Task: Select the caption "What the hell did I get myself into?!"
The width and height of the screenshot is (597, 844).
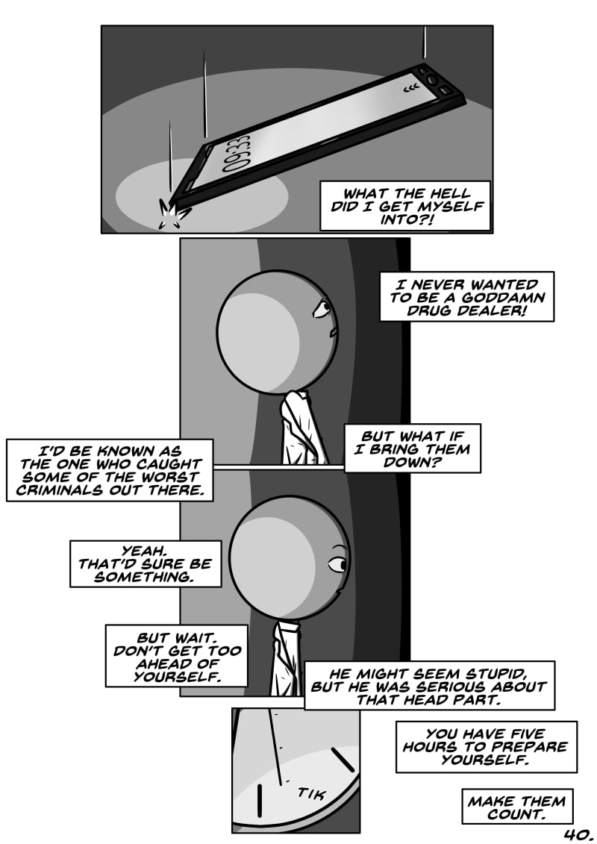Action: (404, 206)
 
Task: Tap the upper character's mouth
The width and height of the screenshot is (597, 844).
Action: (335, 331)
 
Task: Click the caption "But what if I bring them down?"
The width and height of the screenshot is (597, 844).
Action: (412, 448)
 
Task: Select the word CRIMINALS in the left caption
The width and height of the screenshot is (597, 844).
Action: (56, 490)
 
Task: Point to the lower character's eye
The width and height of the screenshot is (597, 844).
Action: (339, 564)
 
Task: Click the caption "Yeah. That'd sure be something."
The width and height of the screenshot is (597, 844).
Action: (146, 563)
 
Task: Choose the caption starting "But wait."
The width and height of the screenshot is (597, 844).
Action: (176, 655)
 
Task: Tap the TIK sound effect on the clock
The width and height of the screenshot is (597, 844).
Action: (311, 793)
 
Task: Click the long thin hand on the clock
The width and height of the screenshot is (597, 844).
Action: (276, 745)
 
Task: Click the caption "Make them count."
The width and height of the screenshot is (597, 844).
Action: (516, 807)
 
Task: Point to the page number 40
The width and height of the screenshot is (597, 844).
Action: (578, 835)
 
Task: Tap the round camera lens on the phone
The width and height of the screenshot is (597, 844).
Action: (433, 79)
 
